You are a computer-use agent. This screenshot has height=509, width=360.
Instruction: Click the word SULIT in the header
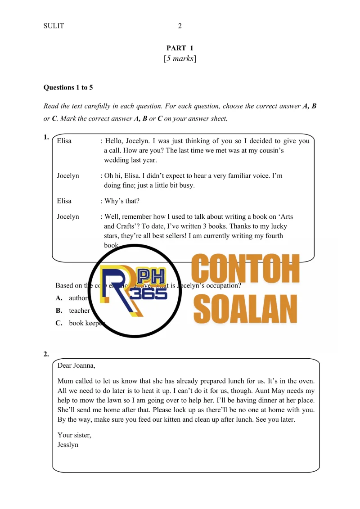click(x=54, y=26)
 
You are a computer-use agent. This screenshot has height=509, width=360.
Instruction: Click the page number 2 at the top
click(x=180, y=26)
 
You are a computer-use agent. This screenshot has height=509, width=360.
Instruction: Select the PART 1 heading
click(x=180, y=48)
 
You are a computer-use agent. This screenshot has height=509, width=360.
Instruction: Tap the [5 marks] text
click(x=180, y=59)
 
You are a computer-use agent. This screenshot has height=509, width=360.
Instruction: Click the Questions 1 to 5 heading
click(x=68, y=87)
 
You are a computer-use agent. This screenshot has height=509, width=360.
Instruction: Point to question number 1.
click(x=46, y=138)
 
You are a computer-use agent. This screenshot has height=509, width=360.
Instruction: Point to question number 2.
click(x=46, y=354)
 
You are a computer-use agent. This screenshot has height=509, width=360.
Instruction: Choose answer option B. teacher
click(x=74, y=311)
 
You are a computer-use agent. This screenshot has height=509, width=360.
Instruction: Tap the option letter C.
click(x=59, y=323)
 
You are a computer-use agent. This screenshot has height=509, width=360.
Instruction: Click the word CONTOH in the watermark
click(x=246, y=269)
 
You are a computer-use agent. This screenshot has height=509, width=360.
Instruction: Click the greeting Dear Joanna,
click(x=76, y=365)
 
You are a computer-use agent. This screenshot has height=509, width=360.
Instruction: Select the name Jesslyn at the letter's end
click(x=68, y=445)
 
